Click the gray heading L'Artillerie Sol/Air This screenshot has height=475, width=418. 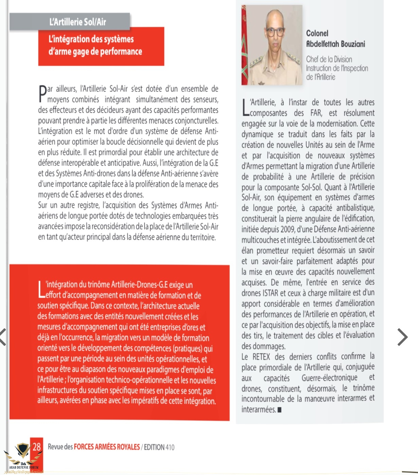coord(78,22)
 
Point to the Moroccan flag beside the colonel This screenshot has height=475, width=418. coord(245,48)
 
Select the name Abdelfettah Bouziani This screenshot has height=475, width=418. coord(335,44)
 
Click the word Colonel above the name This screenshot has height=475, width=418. coord(317,33)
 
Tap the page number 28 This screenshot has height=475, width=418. coord(37,446)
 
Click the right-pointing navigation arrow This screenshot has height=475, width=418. coord(402,337)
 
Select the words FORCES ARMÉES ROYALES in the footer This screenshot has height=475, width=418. coord(107,447)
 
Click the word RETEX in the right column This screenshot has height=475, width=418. coord(261,357)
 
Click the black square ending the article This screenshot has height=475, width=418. coord(280,410)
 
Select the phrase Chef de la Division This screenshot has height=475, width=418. coord(329,59)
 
